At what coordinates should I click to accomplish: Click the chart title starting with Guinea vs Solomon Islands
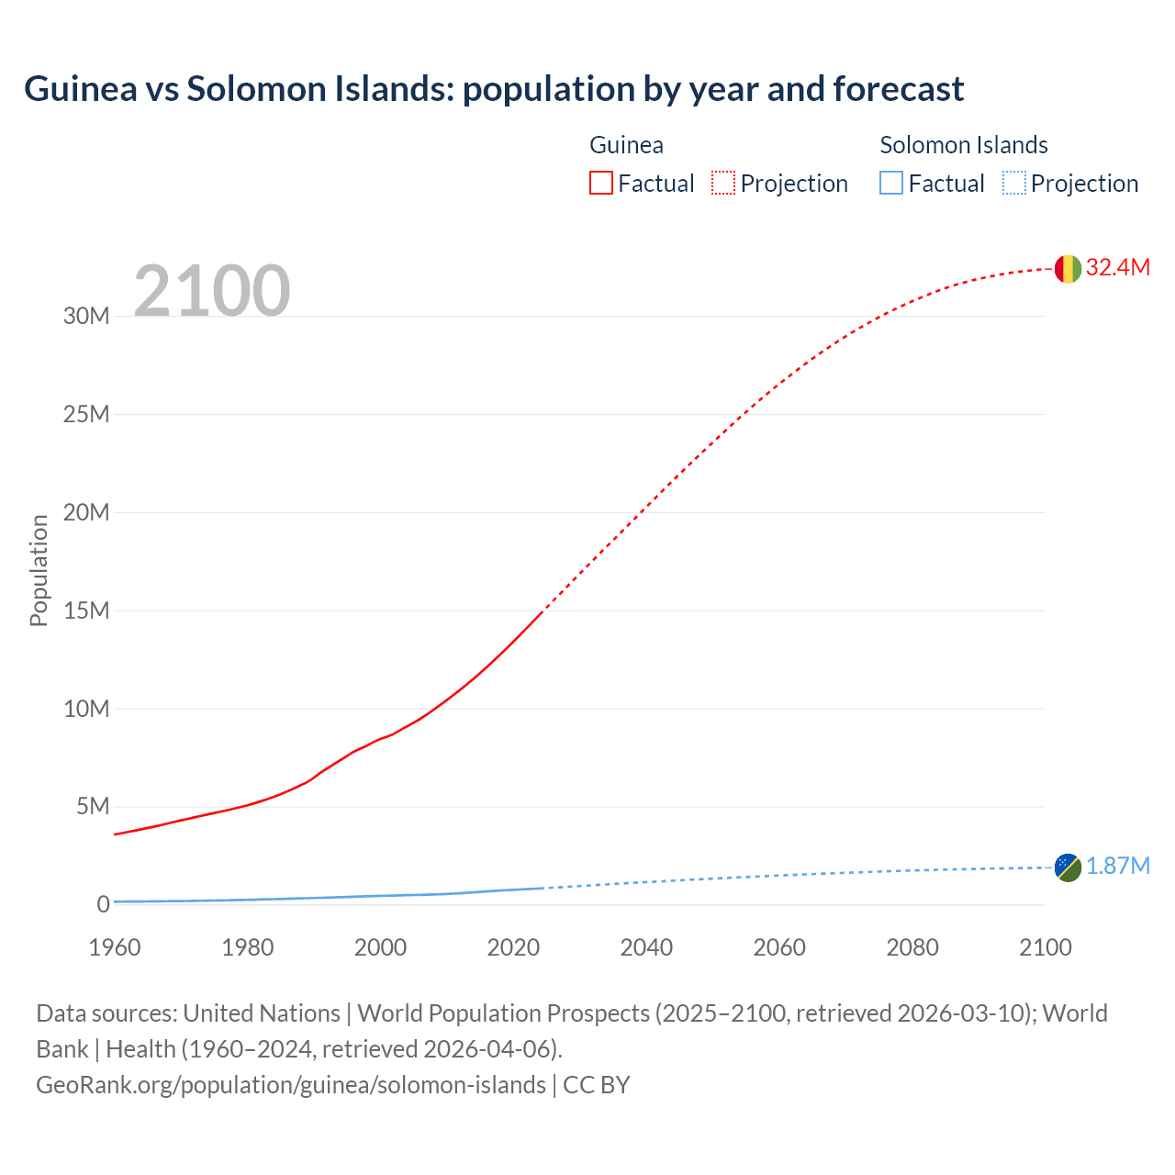[494, 89]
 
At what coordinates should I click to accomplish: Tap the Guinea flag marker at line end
[1068, 268]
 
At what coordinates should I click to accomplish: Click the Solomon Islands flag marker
[1068, 867]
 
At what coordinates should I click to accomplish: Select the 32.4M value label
[1117, 267]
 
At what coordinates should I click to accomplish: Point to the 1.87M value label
[1117, 867]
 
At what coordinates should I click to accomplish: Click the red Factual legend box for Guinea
[601, 184]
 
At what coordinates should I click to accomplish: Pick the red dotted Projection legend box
[723, 184]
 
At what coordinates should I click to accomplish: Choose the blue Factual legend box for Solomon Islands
[891, 184]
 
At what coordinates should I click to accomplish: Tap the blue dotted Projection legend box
[1013, 184]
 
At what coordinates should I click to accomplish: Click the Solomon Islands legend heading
[963, 145]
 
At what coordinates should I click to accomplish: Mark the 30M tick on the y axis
[86, 317]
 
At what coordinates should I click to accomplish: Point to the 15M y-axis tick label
[86, 610]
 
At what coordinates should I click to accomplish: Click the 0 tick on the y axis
[103, 905]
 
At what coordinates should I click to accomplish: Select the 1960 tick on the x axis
[115, 947]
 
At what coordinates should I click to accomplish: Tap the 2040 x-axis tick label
[646, 947]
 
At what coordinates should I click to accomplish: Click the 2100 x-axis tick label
[1045, 947]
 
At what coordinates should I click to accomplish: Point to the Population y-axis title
[39, 570]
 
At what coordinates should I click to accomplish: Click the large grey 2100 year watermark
[212, 291]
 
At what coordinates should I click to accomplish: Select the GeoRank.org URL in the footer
[291, 1085]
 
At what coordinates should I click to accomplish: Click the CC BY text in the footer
[597, 1085]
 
